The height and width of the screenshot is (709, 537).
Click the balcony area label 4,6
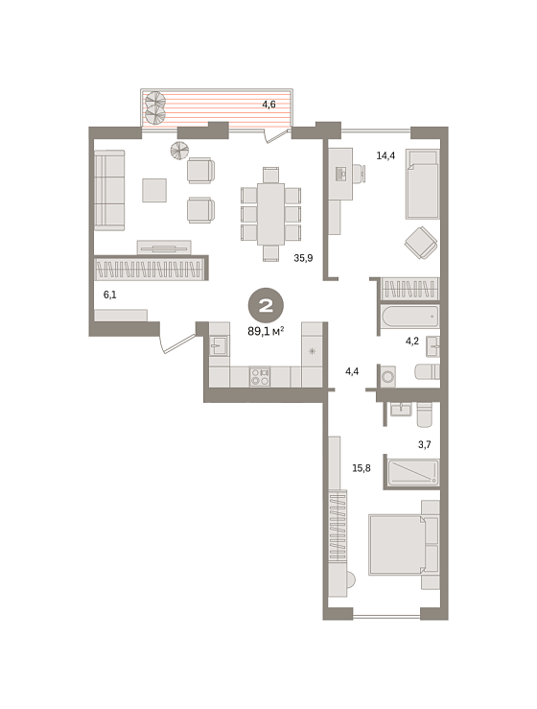[x=268, y=105]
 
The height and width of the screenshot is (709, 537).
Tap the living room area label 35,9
[x=303, y=258]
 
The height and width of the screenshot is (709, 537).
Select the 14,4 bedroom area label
[x=385, y=156]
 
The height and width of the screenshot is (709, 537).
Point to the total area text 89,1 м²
[x=266, y=331]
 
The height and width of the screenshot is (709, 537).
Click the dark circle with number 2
[x=266, y=306]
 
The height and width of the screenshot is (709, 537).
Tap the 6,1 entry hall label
[x=110, y=295]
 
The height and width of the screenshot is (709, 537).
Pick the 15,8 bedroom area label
[x=362, y=468]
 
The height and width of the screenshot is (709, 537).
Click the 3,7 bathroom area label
[x=425, y=445]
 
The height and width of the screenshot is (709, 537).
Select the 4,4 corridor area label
[x=352, y=371]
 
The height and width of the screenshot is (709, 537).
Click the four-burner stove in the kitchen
[x=260, y=377]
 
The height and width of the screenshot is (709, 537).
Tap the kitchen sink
[x=220, y=346]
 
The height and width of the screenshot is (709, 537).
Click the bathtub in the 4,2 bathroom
[x=410, y=316]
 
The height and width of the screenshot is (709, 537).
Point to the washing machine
[x=387, y=376]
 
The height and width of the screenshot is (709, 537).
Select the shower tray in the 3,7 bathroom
[x=413, y=472]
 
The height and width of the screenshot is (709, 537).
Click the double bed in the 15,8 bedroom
[x=398, y=545]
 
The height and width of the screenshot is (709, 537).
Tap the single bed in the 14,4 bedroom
[x=423, y=184]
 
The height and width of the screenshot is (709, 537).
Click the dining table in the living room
[x=270, y=214]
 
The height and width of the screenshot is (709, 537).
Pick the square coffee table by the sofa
[x=154, y=190]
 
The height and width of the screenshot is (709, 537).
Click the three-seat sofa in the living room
[x=109, y=190]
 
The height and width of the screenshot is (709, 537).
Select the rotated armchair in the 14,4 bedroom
[x=421, y=243]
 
